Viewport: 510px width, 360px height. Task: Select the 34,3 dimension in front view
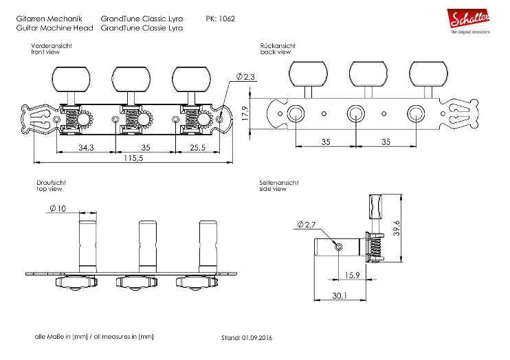[x=86, y=147]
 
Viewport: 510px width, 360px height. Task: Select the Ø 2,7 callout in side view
[x=306, y=225]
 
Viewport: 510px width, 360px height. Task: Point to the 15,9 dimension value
[x=353, y=275]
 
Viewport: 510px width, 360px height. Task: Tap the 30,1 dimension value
[x=338, y=296]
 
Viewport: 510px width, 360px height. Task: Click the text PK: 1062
[x=220, y=19]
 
